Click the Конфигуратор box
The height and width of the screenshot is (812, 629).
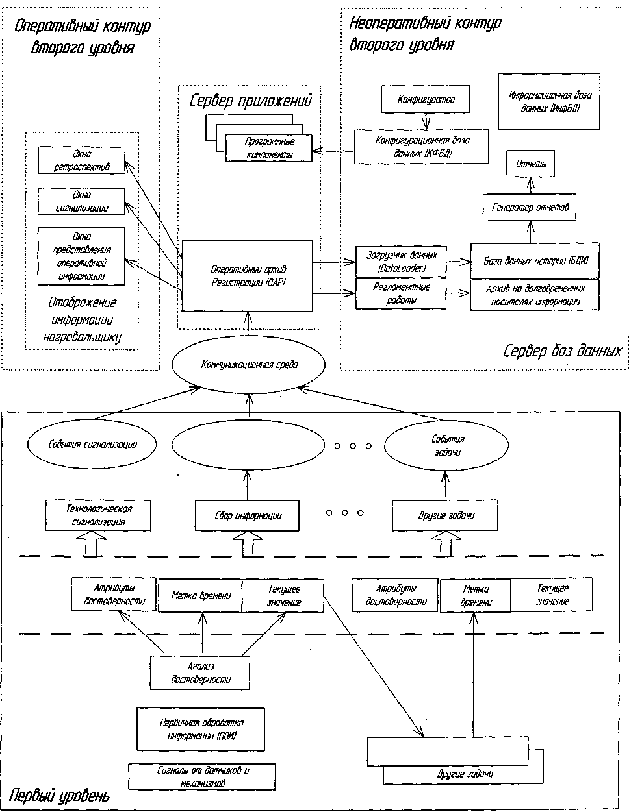tap(425, 100)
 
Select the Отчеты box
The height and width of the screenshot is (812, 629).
tap(530, 165)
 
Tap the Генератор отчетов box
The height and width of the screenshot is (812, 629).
tap(530, 208)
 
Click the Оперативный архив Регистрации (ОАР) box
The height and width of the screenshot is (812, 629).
tap(248, 275)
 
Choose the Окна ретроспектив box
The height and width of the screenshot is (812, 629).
tap(82, 160)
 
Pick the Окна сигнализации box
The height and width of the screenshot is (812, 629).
tap(82, 201)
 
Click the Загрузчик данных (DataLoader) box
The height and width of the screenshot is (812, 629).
tap(401, 262)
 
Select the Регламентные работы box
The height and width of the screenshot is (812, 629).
tap(401, 293)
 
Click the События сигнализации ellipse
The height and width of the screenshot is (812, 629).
tap(93, 445)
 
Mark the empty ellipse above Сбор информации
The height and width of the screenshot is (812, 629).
tap(248, 445)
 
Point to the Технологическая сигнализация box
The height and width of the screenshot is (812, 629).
tap(98, 515)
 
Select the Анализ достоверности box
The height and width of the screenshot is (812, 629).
tap(200, 673)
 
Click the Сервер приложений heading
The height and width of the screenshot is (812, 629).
tap(251, 102)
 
